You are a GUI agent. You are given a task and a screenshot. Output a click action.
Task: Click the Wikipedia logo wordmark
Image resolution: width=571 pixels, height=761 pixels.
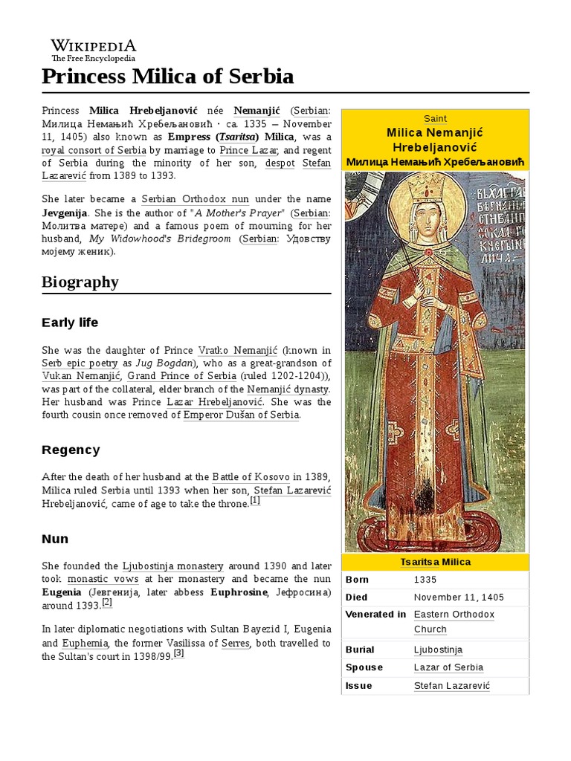coord(93,45)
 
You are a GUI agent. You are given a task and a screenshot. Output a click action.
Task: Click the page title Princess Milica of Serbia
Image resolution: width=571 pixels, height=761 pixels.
coord(168,77)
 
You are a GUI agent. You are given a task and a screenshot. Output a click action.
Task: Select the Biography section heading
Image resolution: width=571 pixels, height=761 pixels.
coord(80,282)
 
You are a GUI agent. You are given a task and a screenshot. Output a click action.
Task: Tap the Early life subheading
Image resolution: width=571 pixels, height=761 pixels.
coord(70,323)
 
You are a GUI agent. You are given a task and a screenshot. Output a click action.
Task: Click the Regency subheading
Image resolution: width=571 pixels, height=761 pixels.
coord(71,450)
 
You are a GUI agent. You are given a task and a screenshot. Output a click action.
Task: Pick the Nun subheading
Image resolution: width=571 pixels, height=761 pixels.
coord(55,539)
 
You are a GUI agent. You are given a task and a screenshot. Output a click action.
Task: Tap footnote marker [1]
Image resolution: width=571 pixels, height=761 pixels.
coord(255,501)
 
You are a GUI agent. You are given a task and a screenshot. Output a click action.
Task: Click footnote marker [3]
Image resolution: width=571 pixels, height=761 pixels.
coord(178,653)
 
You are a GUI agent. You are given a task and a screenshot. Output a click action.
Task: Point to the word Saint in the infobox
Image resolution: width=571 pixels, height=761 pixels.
coord(435,118)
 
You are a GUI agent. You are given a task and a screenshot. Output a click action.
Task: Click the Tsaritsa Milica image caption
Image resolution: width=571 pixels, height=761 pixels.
coord(435,562)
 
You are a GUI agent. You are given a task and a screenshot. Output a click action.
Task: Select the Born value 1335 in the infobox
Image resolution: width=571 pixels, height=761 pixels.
coord(425,580)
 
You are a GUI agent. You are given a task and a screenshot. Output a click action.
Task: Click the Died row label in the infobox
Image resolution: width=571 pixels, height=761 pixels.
coord(357,597)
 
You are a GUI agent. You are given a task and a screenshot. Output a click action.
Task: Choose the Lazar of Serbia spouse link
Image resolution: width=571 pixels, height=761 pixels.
coord(448,667)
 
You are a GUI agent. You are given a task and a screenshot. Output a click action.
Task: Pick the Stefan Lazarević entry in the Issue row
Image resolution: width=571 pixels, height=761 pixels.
coord(452,685)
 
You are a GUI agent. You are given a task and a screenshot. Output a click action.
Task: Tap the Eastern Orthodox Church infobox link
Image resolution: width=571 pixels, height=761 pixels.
coord(454,615)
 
